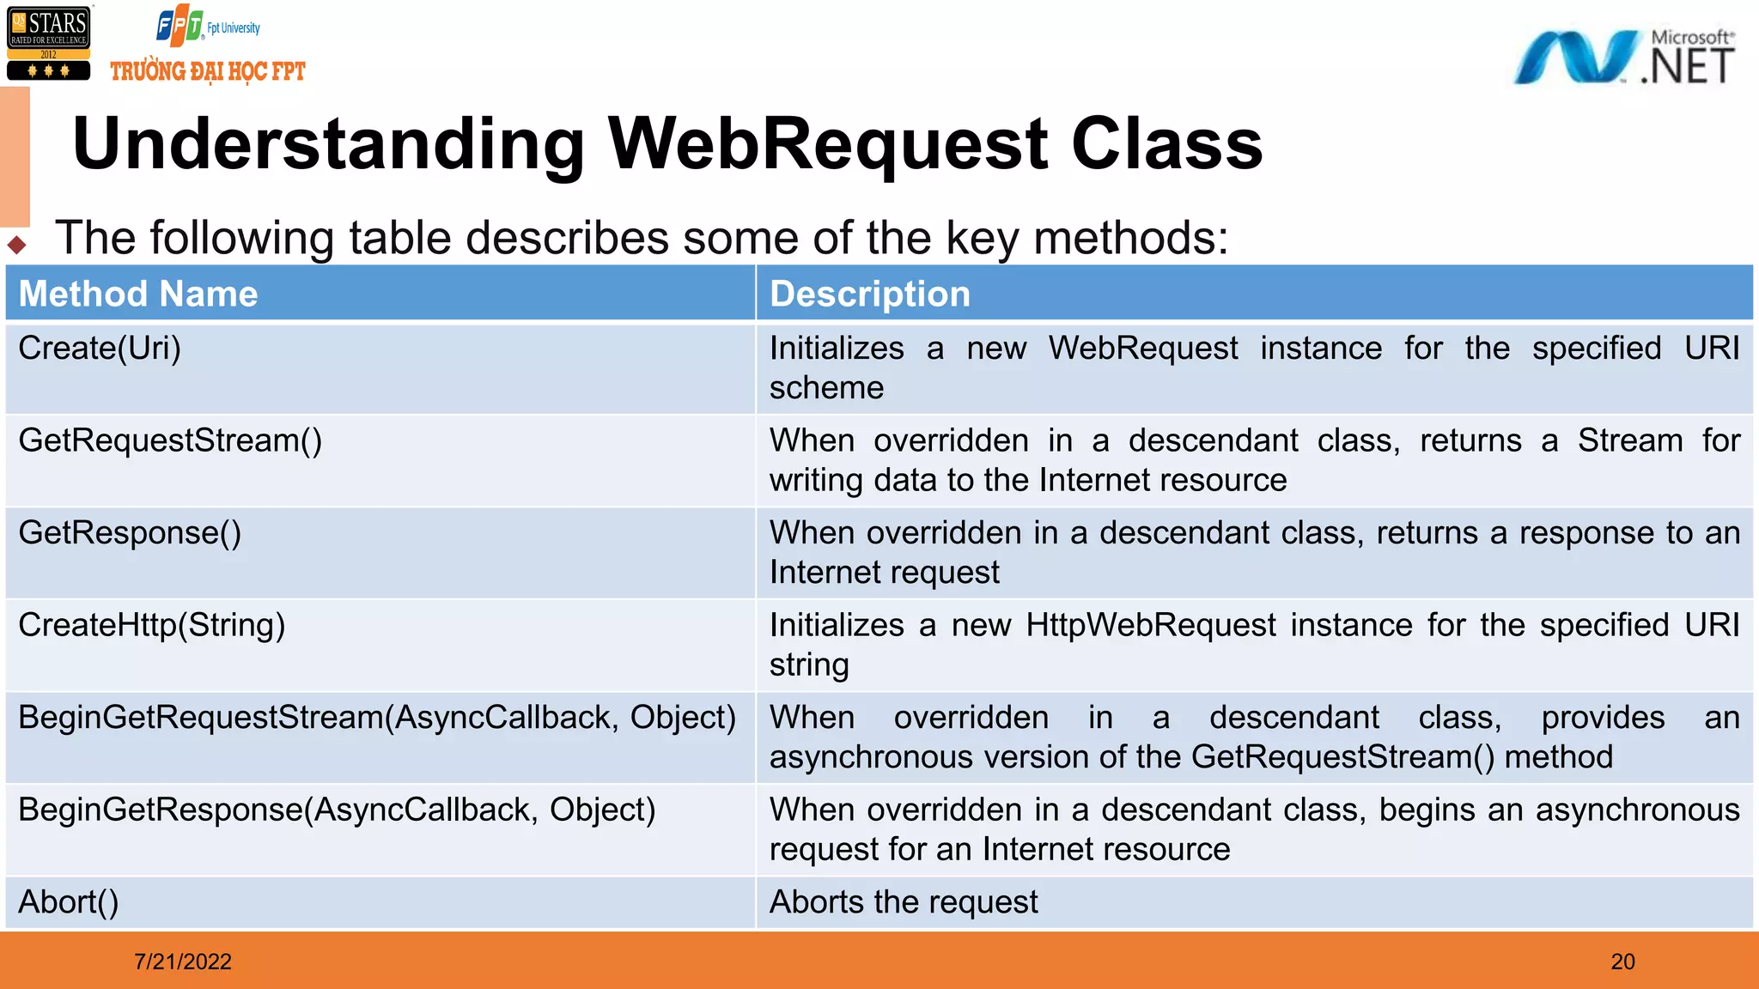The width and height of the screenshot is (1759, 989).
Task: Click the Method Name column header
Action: (138, 294)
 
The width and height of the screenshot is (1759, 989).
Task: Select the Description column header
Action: (869, 294)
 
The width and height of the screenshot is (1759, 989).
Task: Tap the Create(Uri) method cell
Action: (100, 349)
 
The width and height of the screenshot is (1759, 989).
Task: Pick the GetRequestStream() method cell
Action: (170, 440)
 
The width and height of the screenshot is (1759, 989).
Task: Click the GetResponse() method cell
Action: (130, 533)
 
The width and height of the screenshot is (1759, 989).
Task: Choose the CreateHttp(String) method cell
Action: (151, 625)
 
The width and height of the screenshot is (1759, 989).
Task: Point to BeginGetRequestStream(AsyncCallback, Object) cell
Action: (377, 718)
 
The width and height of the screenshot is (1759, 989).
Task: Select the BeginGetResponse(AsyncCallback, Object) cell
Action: (337, 810)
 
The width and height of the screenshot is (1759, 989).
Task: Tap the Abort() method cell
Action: (69, 902)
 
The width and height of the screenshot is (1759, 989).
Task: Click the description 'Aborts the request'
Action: (904, 902)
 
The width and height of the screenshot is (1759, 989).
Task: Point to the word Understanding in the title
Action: (329, 143)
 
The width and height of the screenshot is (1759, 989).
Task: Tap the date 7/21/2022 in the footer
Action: (183, 962)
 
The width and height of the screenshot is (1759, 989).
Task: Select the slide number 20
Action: (1622, 962)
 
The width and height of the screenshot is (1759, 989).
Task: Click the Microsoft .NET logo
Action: (1624, 58)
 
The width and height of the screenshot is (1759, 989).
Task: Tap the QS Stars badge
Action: (49, 44)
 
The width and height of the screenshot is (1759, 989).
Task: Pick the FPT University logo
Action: (208, 27)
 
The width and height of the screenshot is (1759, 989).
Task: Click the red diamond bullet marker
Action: (17, 245)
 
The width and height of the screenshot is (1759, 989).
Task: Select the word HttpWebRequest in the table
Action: (1151, 625)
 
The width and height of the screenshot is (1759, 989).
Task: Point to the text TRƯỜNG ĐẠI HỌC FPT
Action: (208, 71)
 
